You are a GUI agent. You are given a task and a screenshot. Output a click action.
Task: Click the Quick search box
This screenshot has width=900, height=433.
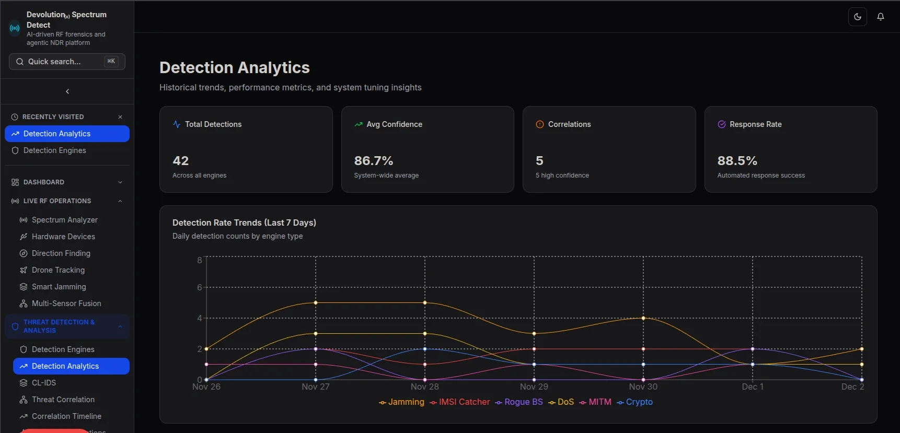pyautogui.click(x=67, y=62)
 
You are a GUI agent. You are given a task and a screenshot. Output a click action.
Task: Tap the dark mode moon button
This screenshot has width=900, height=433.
pyautogui.click(x=858, y=17)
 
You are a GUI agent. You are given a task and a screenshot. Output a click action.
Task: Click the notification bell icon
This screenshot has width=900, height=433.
pyautogui.click(x=881, y=17)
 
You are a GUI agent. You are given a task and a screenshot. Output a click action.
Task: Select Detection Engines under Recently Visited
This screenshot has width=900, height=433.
pyautogui.click(x=55, y=150)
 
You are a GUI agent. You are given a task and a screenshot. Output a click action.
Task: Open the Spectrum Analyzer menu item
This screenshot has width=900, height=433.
pyautogui.click(x=64, y=220)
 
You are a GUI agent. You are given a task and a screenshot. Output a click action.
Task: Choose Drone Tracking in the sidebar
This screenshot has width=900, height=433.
pyautogui.click(x=58, y=270)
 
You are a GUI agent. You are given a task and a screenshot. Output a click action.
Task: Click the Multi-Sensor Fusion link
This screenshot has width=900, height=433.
pyautogui.click(x=66, y=303)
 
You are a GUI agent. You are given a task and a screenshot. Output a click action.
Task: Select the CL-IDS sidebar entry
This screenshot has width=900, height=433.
pyautogui.click(x=44, y=383)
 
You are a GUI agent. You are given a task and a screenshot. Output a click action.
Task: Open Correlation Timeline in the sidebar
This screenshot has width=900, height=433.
pyautogui.click(x=66, y=416)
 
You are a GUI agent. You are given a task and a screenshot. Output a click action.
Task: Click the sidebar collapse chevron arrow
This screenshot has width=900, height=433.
pyautogui.click(x=67, y=91)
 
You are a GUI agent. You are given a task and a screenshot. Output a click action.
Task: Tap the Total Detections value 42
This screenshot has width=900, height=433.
pyautogui.click(x=181, y=161)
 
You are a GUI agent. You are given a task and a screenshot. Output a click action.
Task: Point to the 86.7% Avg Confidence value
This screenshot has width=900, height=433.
pyautogui.click(x=373, y=161)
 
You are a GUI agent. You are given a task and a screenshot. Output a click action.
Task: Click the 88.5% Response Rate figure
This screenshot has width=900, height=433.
pyautogui.click(x=737, y=161)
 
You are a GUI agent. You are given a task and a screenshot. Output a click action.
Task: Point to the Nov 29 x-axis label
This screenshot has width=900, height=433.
pyautogui.click(x=534, y=387)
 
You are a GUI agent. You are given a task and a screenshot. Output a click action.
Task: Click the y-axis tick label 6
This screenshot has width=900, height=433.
pyautogui.click(x=199, y=287)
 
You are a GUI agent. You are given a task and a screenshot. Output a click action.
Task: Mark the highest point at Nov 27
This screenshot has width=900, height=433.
pyautogui.click(x=316, y=303)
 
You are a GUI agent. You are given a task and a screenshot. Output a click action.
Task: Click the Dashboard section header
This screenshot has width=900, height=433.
pyautogui.click(x=44, y=182)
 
